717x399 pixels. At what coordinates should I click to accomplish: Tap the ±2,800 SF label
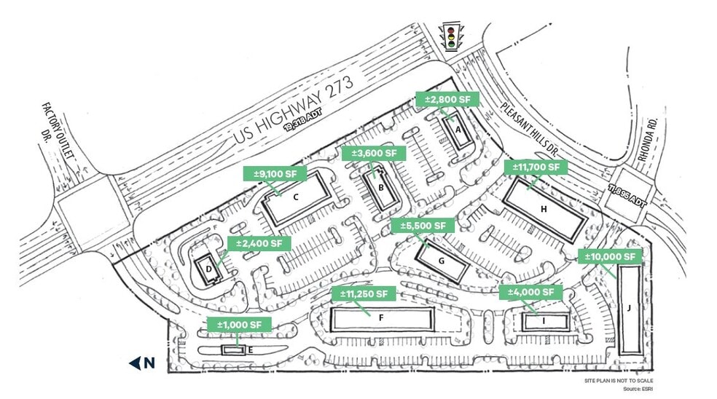(x=446, y=100)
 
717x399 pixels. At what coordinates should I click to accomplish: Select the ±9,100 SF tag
(x=275, y=174)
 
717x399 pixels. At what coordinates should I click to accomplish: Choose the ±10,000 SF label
(x=611, y=256)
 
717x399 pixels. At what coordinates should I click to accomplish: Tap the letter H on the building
(x=544, y=209)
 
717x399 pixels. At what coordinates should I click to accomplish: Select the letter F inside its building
(x=380, y=317)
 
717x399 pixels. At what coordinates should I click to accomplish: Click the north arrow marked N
(x=142, y=363)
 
